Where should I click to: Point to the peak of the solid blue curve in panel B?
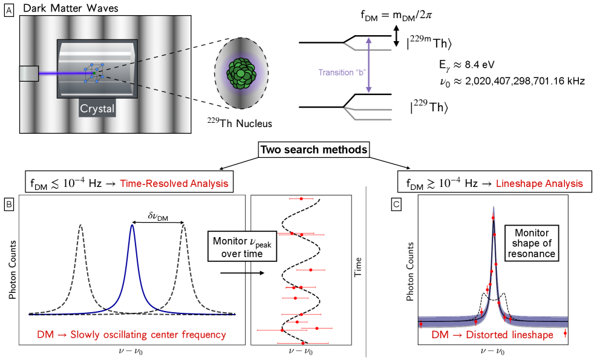point(132,226)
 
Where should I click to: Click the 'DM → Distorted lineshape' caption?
point(493,335)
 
